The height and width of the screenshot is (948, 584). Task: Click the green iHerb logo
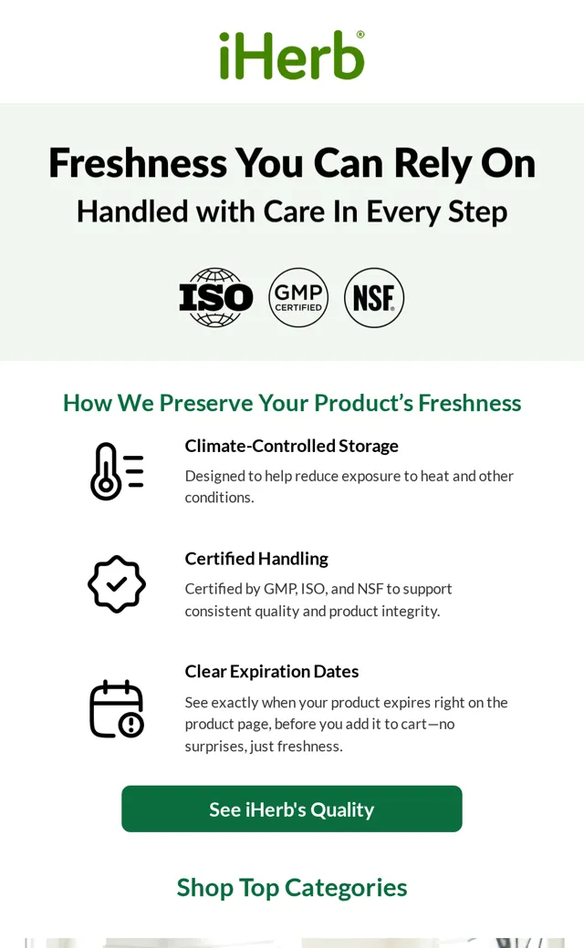point(292,55)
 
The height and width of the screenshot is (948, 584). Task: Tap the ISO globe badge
point(216,297)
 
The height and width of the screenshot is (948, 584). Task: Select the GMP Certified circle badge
point(298,297)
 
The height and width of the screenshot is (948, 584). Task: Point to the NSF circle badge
point(374,297)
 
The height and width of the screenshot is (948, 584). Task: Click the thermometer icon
point(117,471)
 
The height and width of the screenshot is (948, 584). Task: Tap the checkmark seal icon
point(117,584)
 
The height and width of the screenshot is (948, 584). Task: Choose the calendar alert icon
point(117,709)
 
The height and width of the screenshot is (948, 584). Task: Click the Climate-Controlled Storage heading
point(292,446)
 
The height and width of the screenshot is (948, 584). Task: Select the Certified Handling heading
point(256,559)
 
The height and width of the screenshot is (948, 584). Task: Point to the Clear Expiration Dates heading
point(272,672)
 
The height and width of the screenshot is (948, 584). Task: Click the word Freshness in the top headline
point(138,163)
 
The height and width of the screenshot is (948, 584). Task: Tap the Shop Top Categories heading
point(292,888)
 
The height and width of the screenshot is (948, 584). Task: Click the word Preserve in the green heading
point(205,403)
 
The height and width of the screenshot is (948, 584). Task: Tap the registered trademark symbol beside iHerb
point(360,35)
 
